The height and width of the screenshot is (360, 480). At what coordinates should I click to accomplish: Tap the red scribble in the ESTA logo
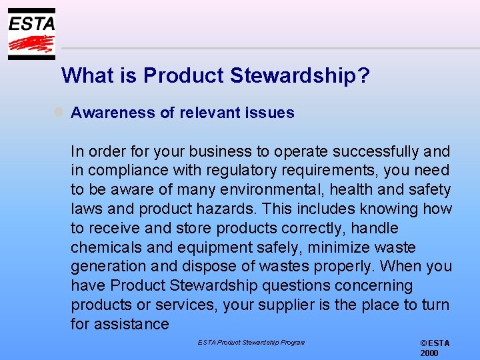pyautogui.click(x=31, y=44)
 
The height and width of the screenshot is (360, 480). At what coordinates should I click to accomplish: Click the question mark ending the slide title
pyautogui.click(x=363, y=76)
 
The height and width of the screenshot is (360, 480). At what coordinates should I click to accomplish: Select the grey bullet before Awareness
pyautogui.click(x=59, y=113)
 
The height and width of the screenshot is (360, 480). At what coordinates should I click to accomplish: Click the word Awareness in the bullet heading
pyautogui.click(x=112, y=113)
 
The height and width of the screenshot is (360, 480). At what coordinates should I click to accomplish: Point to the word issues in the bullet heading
pyautogui.click(x=269, y=113)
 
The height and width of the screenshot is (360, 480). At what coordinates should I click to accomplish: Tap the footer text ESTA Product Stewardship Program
pyautogui.click(x=251, y=343)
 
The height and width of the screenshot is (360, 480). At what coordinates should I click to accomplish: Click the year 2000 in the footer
pyautogui.click(x=429, y=353)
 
